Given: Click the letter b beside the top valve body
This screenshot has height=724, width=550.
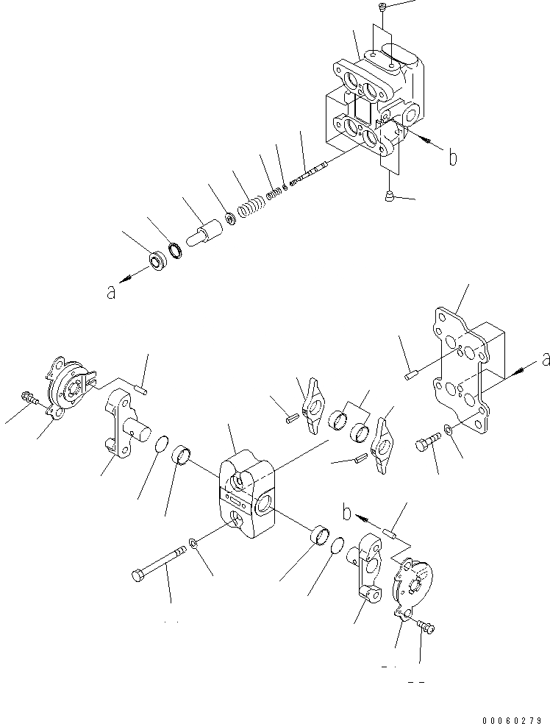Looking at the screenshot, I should [452, 157].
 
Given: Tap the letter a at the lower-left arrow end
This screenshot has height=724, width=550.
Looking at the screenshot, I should [111, 291].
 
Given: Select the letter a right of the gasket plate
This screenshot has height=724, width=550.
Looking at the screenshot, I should [544, 359].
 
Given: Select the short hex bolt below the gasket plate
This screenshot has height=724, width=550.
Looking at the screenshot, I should [427, 441].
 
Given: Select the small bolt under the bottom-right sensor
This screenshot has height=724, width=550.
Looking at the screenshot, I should [426, 627].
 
